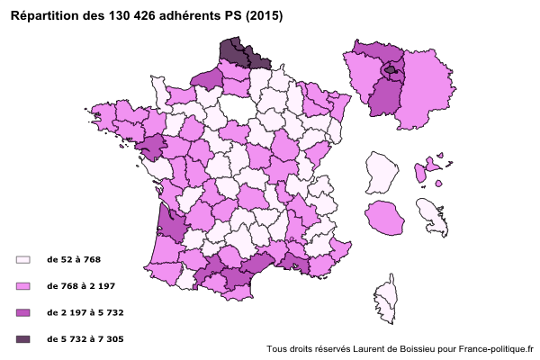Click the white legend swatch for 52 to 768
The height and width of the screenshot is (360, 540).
[23, 259]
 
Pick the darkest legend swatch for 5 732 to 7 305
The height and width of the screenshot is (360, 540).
[23, 339]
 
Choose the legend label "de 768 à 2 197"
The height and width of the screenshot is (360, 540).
[80, 285]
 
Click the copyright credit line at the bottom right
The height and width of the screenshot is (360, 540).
[400, 349]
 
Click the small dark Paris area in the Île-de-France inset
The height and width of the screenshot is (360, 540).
[390, 69]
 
